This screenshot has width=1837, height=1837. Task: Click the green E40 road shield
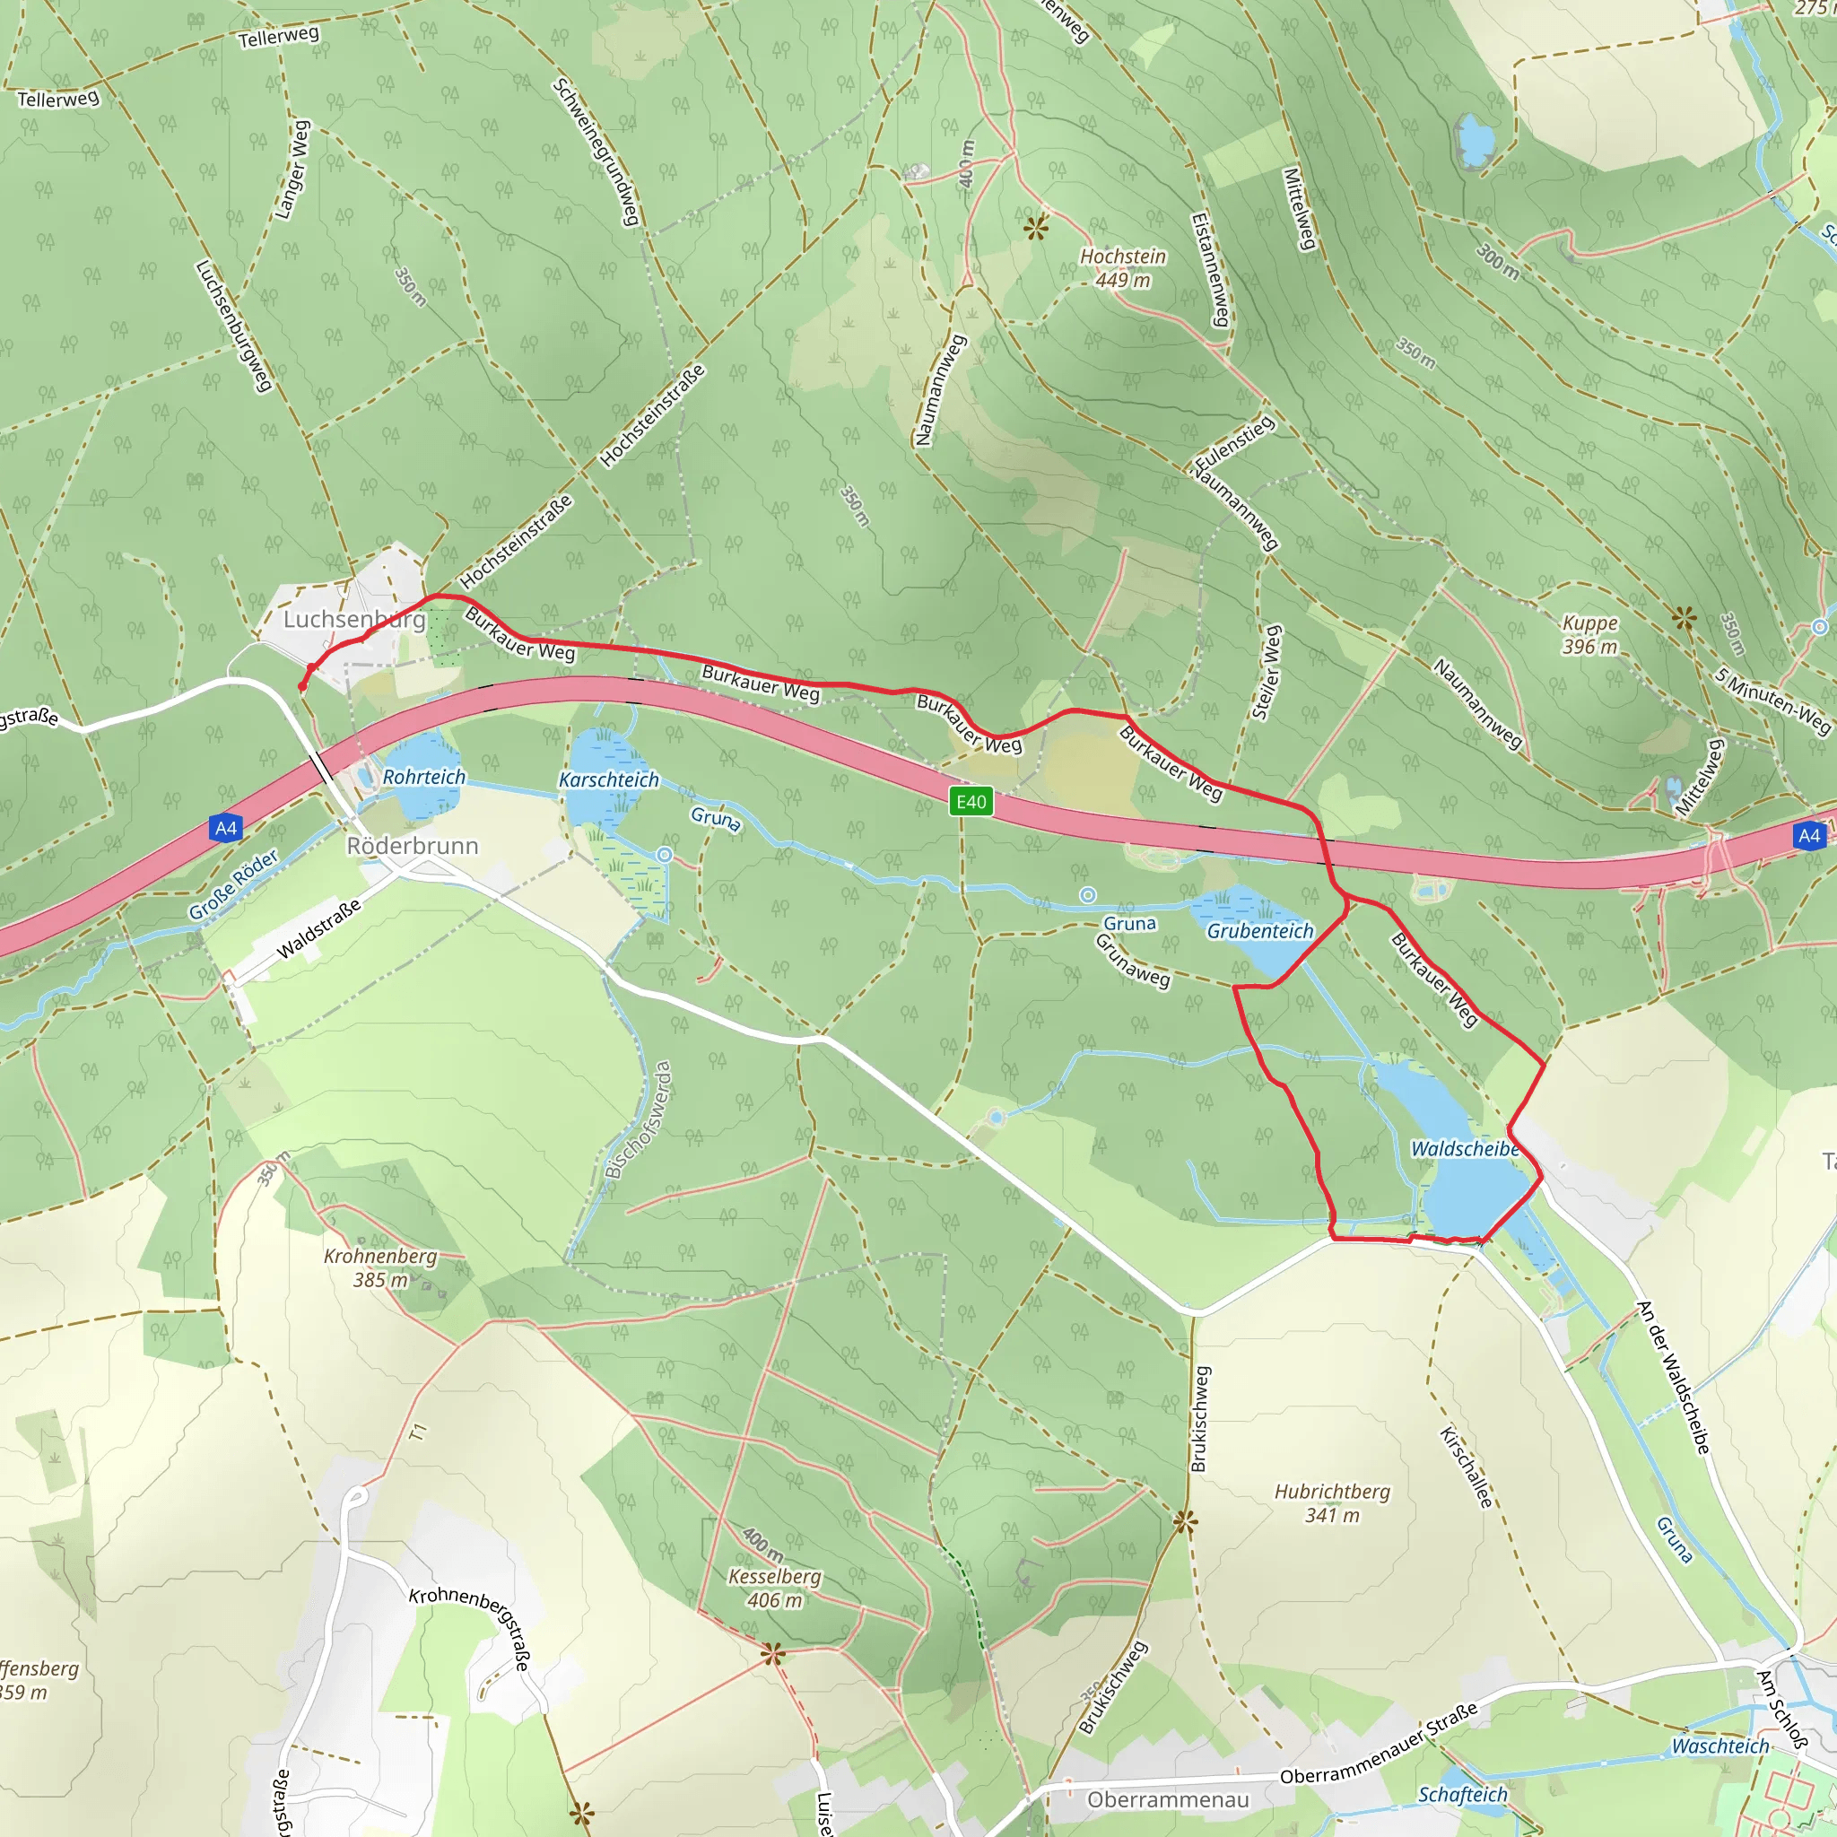(x=971, y=802)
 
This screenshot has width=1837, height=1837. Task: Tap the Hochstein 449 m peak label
(x=1122, y=268)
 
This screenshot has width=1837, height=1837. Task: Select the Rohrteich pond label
(x=424, y=777)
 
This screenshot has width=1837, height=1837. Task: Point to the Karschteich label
(x=608, y=779)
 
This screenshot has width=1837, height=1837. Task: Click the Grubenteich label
(x=1260, y=931)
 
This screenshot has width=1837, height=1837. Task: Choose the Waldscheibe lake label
(x=1466, y=1149)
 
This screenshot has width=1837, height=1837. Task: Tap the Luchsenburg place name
(x=353, y=619)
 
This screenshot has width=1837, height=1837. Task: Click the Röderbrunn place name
(x=412, y=845)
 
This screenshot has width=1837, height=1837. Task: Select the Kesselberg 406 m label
(x=774, y=1588)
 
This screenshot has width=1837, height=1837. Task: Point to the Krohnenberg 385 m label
(x=380, y=1267)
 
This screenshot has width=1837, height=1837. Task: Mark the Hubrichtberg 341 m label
(x=1332, y=1503)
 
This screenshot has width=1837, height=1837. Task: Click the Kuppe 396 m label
(x=1589, y=634)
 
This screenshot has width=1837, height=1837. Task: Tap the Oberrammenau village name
(x=1168, y=1799)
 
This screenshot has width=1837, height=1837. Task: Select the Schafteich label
(x=1462, y=1794)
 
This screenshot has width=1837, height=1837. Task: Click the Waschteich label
(x=1720, y=1746)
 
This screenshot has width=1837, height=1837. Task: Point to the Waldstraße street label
(x=318, y=929)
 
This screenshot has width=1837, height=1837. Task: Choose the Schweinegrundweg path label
(x=596, y=152)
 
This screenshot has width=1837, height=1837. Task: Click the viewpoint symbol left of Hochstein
(x=1036, y=227)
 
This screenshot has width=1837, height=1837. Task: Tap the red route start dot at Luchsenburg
(x=302, y=686)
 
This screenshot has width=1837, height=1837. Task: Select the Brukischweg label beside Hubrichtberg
(x=1200, y=1419)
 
